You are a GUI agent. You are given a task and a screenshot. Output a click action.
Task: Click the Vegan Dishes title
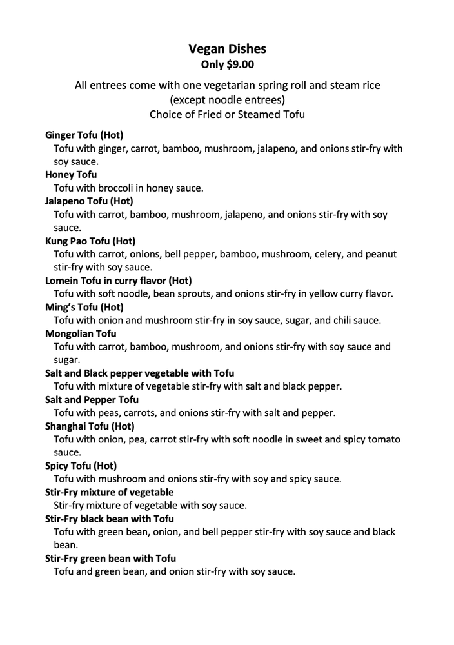click(227, 48)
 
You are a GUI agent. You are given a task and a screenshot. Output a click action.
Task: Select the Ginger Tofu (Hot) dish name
click(84, 135)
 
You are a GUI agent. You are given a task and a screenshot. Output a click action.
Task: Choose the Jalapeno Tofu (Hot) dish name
click(89, 201)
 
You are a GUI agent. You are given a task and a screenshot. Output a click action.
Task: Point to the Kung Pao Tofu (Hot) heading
click(90, 241)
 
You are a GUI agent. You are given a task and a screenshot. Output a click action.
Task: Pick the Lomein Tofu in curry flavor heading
click(118, 281)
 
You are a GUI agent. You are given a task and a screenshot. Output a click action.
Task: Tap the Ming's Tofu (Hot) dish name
click(84, 307)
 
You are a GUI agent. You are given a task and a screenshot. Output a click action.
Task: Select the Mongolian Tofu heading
click(81, 333)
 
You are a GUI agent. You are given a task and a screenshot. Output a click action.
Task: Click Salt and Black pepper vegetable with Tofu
click(139, 373)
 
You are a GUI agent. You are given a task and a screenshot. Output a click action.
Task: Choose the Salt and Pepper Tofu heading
click(92, 400)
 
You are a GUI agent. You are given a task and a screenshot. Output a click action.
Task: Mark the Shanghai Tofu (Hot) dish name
click(90, 426)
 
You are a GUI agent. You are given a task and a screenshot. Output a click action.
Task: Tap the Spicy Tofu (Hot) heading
click(81, 466)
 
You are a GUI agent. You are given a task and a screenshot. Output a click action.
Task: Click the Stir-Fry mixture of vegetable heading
click(109, 492)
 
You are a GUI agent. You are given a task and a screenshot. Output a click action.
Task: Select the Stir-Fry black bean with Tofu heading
click(109, 519)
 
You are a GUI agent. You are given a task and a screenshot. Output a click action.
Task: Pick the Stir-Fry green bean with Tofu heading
click(110, 558)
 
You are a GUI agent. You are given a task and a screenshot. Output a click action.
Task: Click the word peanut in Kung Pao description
click(380, 254)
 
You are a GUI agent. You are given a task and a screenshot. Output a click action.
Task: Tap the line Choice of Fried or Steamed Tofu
click(227, 115)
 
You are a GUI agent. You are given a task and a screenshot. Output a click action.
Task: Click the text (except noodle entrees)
click(227, 100)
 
